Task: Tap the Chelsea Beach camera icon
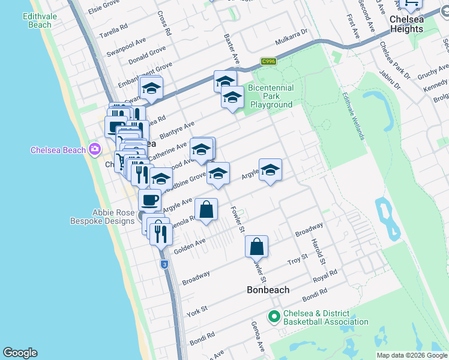coord(94,149)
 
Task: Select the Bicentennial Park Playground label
coord(271,96)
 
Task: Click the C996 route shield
coord(268,61)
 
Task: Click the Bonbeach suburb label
coord(268,290)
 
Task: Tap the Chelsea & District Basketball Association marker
coord(274,316)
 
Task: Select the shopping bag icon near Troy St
coord(256,247)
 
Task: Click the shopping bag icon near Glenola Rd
coord(206,210)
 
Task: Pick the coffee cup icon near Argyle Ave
coord(149,200)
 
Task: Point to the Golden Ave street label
coord(190,245)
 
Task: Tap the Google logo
coord(20,353)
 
